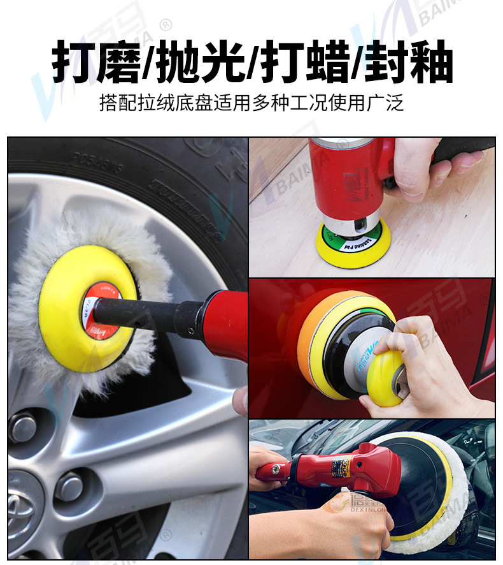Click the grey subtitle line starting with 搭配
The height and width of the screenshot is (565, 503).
(x=251, y=103)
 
